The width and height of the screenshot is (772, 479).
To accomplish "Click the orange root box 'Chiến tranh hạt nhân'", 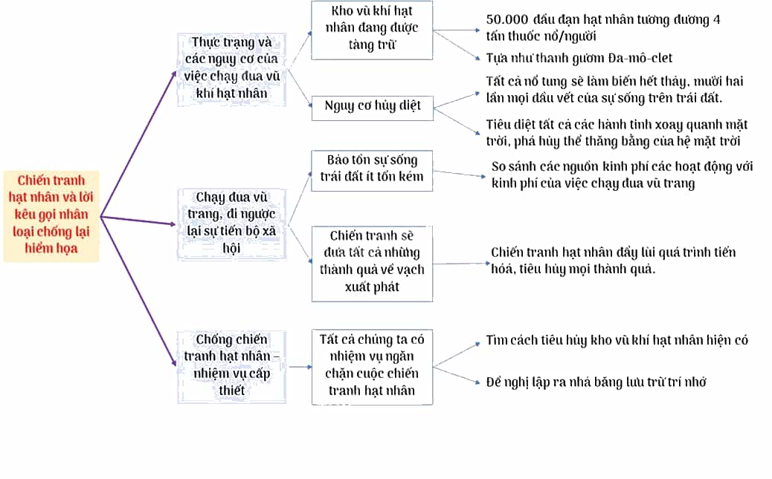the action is pos(51,216).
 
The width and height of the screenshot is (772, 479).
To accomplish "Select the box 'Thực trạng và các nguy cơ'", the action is pos(231,69).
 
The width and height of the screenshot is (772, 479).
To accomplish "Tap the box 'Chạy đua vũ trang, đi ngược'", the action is pos(231,224).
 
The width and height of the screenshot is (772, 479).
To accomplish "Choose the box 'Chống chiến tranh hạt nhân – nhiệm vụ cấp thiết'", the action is pos(231,367).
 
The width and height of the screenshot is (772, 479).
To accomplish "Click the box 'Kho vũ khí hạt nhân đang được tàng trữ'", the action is pos(372,30).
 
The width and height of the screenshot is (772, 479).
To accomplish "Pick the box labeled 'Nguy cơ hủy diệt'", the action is pos(372,108).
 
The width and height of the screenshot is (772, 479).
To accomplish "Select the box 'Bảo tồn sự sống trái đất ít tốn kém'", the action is pos(372,171).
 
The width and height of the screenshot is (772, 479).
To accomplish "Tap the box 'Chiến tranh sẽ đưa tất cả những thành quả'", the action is pos(372,264).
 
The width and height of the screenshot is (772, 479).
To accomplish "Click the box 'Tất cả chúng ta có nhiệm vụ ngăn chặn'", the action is pos(372,367).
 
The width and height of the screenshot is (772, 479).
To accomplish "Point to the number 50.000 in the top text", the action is pos(507,19).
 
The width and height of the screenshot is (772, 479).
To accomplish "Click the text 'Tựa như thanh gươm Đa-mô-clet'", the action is pos(579,58).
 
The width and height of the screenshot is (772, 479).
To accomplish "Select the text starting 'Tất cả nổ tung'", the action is pos(614,90).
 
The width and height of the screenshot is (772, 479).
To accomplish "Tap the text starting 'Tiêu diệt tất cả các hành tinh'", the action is pos(617,133).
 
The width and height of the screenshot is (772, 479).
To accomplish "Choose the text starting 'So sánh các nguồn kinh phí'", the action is pos(622,175).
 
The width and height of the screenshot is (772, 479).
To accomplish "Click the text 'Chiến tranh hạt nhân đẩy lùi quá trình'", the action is pos(613,260).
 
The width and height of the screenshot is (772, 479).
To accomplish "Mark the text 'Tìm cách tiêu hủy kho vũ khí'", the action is pos(617,340).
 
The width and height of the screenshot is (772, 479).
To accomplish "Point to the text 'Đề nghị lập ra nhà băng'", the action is pos(596,382).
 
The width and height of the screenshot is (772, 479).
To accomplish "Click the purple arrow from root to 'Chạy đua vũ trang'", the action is pos(138,221).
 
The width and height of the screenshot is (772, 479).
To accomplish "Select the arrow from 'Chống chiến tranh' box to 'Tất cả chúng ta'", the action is pos(300,367).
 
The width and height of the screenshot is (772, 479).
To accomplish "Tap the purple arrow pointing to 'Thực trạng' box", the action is pos(138,143).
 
